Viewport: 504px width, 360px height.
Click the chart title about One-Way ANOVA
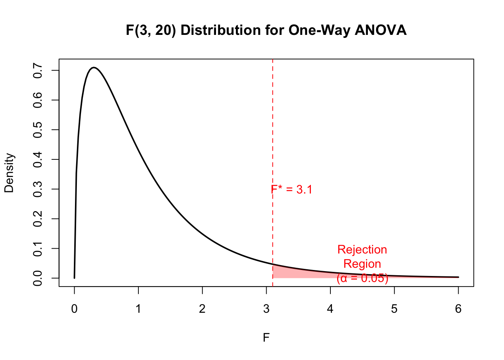pos(266,30)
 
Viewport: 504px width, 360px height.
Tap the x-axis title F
pos(266,338)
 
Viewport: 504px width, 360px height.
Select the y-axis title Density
pos(9,173)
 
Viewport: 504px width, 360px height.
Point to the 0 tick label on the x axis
pos(74,309)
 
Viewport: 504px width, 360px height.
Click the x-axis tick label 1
pos(138,309)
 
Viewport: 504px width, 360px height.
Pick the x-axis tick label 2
pos(202,309)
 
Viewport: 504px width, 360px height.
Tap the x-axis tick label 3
pos(266,309)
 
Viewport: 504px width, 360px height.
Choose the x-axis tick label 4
pos(330,309)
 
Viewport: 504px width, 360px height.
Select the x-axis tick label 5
pos(394,309)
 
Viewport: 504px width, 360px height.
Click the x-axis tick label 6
pos(458,309)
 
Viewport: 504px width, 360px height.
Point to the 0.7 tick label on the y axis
pos(37,70)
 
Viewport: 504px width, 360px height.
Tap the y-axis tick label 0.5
pos(37,130)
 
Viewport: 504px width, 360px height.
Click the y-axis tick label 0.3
pos(37,189)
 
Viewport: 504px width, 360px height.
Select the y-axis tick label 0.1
pos(37,248)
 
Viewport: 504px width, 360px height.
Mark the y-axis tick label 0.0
pos(37,278)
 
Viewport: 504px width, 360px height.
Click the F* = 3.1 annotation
pos(292,190)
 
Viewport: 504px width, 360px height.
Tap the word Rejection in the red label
pos(362,250)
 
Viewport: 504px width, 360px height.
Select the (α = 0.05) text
pos(362,278)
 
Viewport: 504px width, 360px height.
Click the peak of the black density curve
pos(94,68)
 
